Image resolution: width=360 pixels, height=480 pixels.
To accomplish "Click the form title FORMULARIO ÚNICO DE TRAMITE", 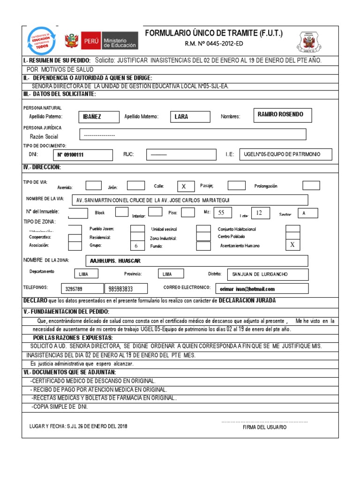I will click(x=214, y=33).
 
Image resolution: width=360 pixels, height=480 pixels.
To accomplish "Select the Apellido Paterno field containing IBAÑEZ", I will click(x=98, y=117).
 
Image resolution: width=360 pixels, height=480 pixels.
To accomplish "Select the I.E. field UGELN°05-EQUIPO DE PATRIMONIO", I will click(x=285, y=155).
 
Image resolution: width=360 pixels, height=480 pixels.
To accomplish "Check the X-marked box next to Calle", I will click(x=184, y=187).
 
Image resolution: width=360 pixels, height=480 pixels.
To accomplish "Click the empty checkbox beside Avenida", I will click(x=94, y=186).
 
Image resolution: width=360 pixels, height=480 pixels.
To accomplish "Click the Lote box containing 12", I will click(x=260, y=213).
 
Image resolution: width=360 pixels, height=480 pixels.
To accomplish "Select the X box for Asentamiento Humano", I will click(x=292, y=245).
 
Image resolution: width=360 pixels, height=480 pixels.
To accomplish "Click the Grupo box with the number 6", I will click(x=137, y=246).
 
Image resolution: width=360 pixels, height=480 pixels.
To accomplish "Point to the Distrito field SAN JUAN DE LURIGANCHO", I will click(x=267, y=274).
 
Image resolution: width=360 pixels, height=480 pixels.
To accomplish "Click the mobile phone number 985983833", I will click(x=126, y=289).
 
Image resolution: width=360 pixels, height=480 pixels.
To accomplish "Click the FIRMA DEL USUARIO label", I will click(x=265, y=427).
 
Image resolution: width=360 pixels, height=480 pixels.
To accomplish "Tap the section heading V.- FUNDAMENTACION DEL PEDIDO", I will click(x=67, y=312).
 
